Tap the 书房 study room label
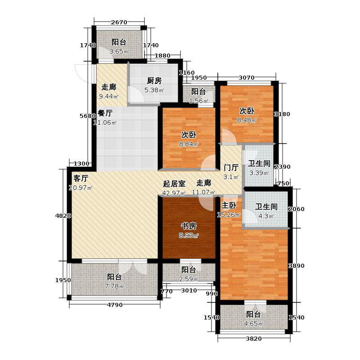click(189, 226)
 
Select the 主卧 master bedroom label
click(229, 205)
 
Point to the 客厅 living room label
click(81, 178)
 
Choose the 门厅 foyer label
click(231, 167)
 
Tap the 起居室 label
click(174, 184)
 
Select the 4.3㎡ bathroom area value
click(265, 216)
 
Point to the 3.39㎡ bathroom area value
click(259, 173)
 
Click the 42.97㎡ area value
click(174, 193)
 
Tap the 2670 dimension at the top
click(120, 22)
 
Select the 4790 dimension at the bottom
click(115, 306)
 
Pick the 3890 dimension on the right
click(297, 266)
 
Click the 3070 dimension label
click(247, 78)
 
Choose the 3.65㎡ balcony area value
click(119, 52)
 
